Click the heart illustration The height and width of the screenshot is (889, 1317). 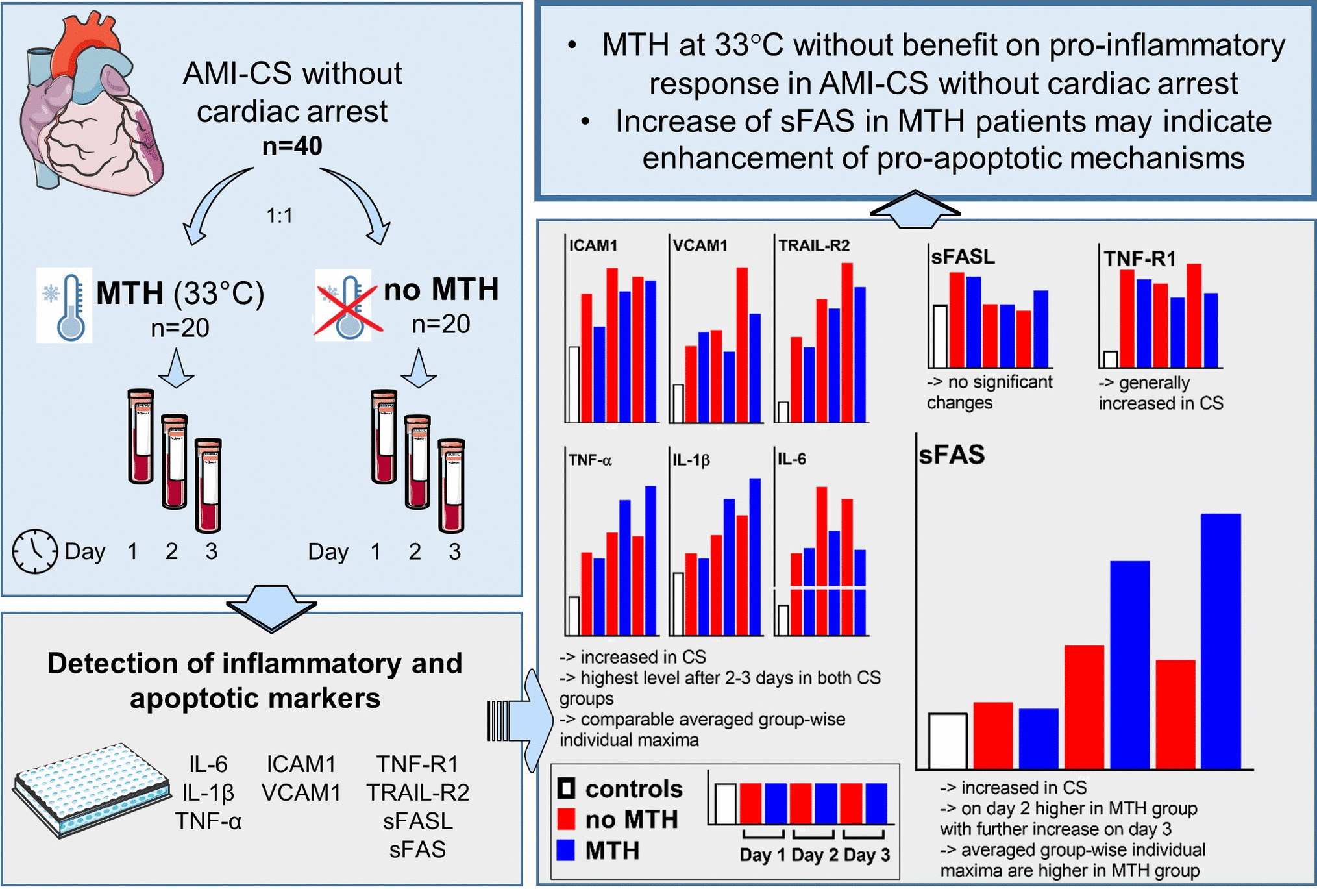click(x=91, y=107)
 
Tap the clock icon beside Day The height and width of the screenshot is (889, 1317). click(x=34, y=551)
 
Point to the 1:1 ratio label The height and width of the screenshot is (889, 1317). click(x=280, y=215)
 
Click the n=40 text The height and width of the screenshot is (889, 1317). click(x=292, y=146)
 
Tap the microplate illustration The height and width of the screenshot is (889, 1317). click(x=91, y=789)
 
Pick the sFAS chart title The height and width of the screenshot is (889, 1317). click(x=952, y=455)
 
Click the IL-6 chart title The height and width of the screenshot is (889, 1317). click(x=792, y=460)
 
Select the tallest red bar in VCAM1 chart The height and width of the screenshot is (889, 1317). click(x=742, y=344)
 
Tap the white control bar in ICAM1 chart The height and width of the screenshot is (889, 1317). click(x=574, y=384)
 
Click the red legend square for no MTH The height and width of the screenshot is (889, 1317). click(x=566, y=819)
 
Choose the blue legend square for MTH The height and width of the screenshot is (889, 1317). click(x=566, y=850)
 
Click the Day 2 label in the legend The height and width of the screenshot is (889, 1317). click(x=815, y=855)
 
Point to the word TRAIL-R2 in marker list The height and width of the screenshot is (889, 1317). click(x=417, y=792)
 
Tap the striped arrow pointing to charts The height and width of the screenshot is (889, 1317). click(x=519, y=721)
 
